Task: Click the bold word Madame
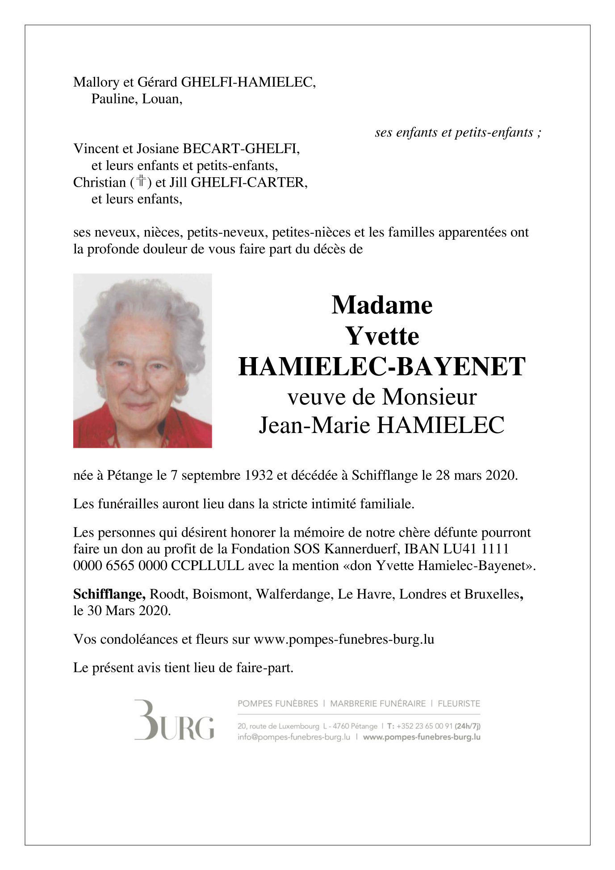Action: point(382,305)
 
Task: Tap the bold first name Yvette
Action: point(382,336)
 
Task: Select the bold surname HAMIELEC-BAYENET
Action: point(382,366)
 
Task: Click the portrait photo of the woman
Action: point(142,361)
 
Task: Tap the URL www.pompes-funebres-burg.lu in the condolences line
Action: point(343,639)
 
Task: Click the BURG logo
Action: point(174,721)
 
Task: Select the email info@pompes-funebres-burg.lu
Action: point(293,737)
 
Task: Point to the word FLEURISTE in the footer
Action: point(459,704)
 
